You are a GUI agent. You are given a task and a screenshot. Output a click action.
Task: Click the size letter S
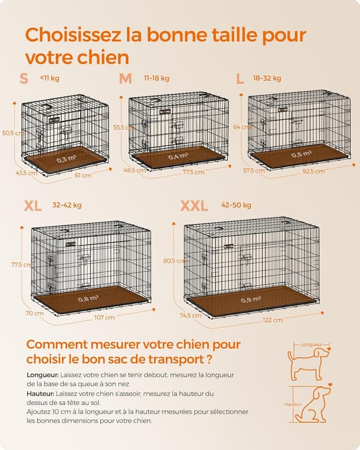click(24, 79)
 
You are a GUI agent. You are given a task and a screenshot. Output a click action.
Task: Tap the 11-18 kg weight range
click(156, 78)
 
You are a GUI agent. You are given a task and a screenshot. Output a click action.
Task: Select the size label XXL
click(194, 206)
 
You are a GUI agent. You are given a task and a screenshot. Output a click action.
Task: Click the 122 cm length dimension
click(273, 319)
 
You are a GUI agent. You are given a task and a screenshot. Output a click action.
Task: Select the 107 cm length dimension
click(105, 317)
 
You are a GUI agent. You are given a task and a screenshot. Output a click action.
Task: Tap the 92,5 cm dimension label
click(313, 171)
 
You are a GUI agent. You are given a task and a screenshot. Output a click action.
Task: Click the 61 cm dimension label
click(83, 175)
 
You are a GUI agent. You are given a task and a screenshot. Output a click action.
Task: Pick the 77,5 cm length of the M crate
click(193, 172)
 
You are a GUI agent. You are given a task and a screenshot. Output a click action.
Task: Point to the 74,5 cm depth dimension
click(190, 316)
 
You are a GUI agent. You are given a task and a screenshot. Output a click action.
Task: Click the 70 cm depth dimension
click(34, 313)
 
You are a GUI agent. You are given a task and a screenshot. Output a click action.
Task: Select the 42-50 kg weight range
click(236, 205)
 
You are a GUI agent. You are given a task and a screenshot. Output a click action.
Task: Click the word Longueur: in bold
click(43, 374)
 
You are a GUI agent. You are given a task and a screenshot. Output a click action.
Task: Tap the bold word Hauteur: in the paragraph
click(40, 394)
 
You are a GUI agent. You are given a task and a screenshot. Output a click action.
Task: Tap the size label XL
click(33, 206)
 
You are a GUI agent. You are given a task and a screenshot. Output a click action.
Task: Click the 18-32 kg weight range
click(267, 78)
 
